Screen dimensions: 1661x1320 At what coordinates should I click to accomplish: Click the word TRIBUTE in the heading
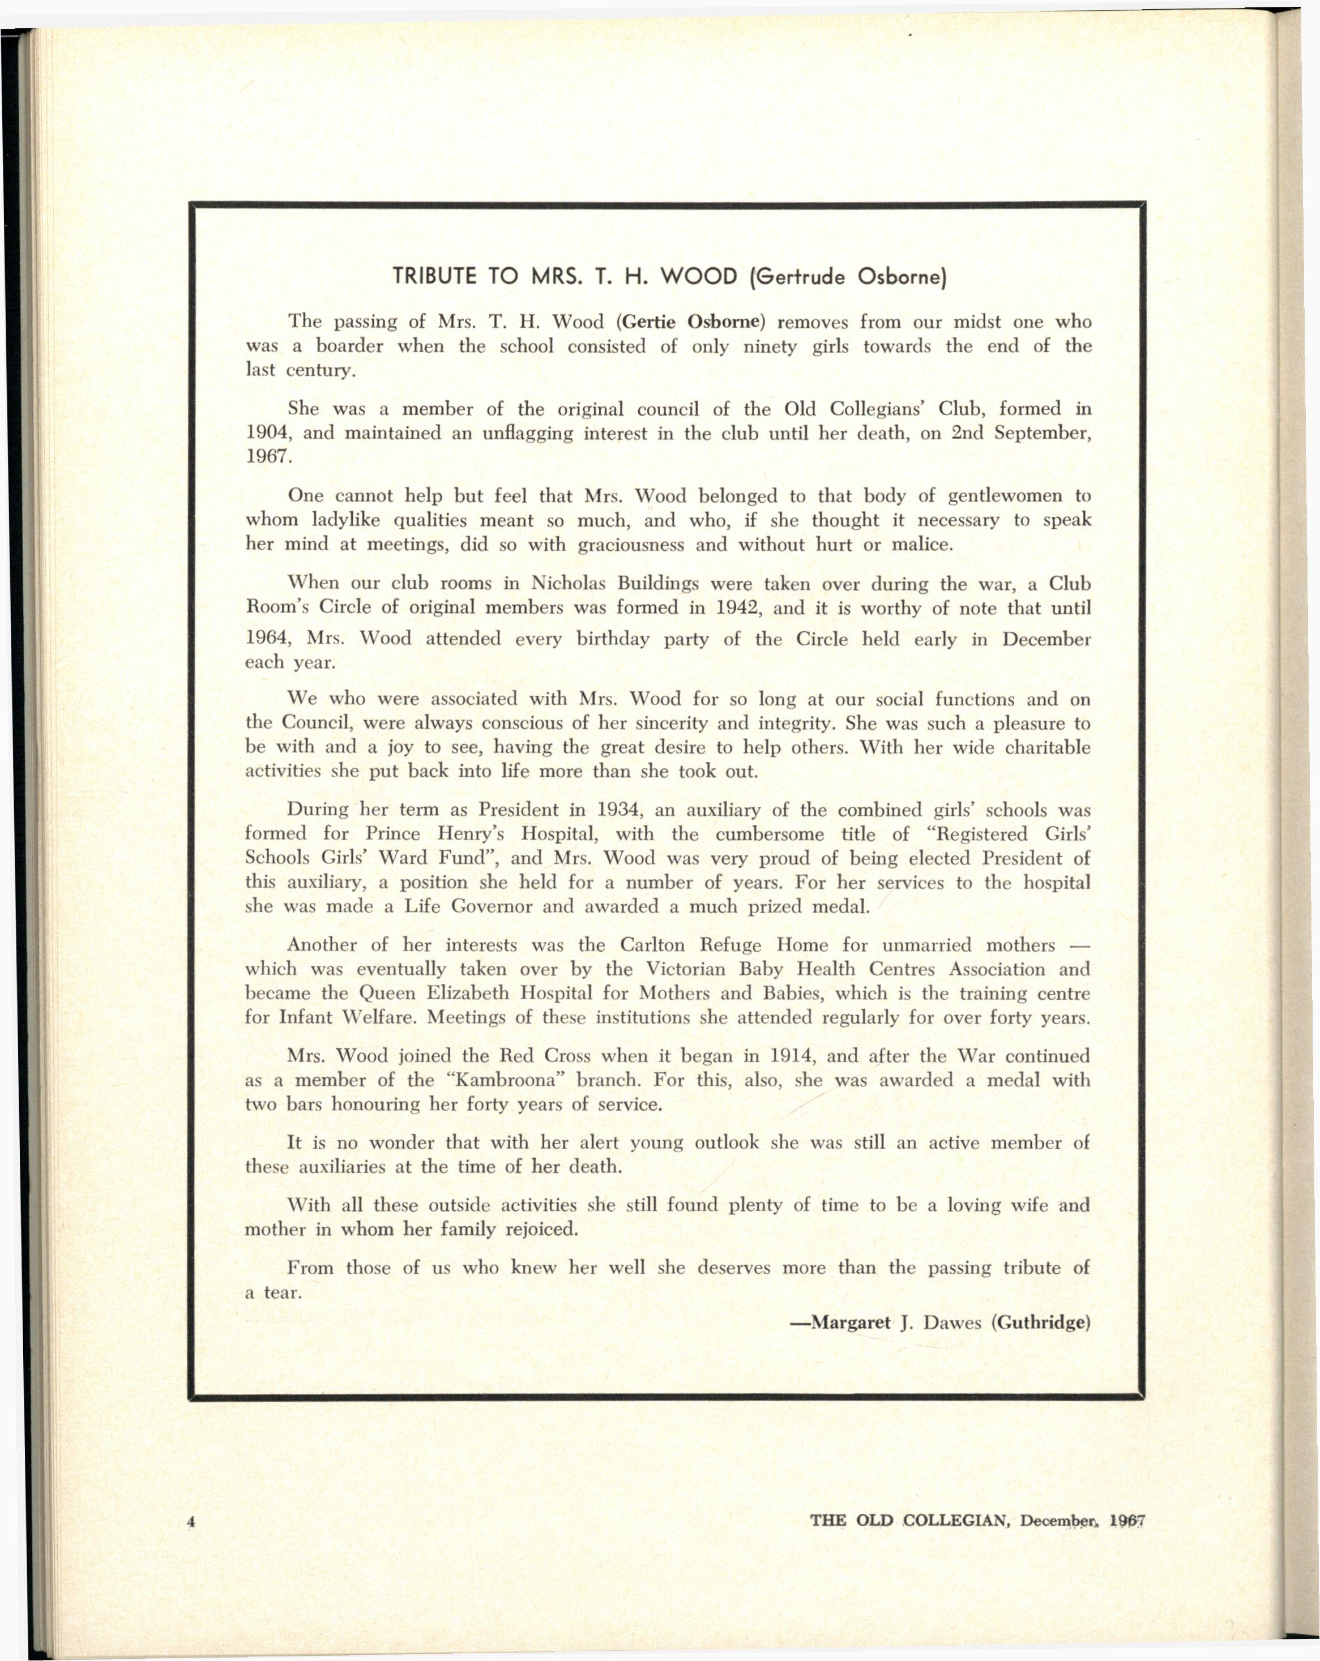tap(434, 277)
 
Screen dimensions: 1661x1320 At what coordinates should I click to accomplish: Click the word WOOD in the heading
tap(701, 277)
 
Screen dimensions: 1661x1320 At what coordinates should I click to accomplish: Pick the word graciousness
tap(630, 545)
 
